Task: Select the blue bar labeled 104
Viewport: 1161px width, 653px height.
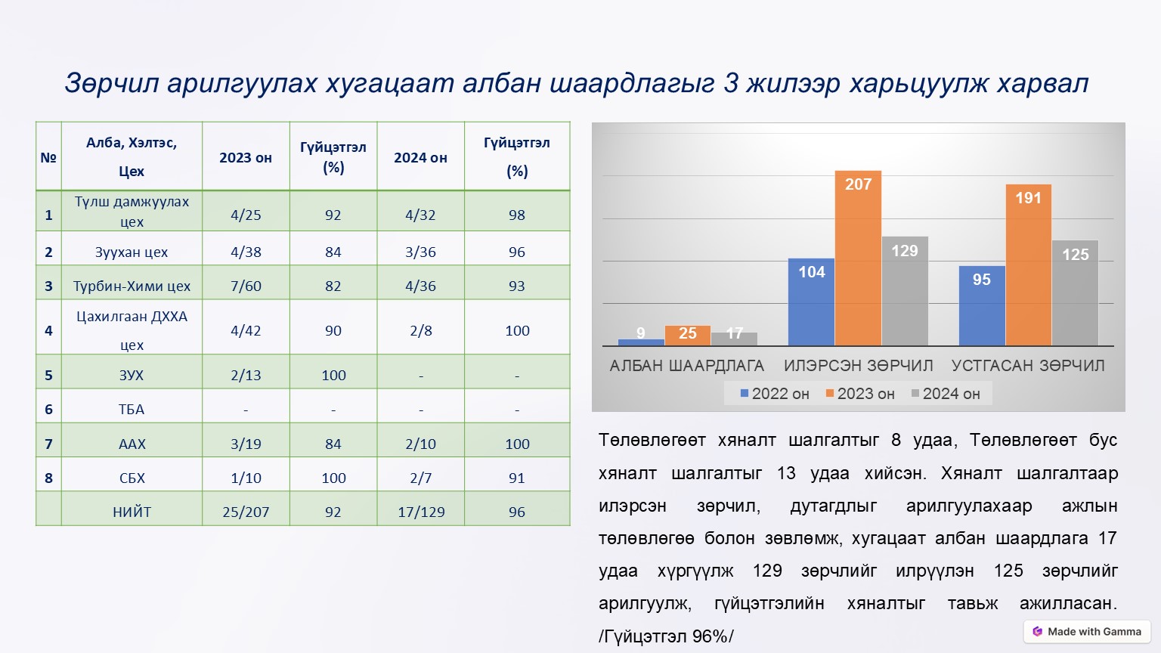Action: coord(811,302)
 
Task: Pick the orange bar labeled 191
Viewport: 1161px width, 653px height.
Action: coord(1028,265)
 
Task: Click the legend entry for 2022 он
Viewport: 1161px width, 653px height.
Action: coord(775,394)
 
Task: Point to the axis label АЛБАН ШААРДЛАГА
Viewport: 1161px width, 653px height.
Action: coord(686,366)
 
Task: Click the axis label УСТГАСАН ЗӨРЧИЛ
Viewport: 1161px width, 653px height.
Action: coord(1028,366)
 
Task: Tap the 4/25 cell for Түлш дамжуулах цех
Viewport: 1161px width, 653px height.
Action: coord(246,215)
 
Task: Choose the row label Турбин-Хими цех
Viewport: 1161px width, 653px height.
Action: coord(132,286)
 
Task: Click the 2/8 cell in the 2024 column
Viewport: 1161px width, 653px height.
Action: coord(420,330)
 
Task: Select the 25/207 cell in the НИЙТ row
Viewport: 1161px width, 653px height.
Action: coord(246,512)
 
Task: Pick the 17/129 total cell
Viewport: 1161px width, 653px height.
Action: coord(421,512)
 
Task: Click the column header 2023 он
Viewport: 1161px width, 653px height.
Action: coord(246,158)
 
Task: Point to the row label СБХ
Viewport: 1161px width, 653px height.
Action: coord(132,478)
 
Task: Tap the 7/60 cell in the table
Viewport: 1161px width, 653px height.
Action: coord(246,286)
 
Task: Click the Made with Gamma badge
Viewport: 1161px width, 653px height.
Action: coord(1087,632)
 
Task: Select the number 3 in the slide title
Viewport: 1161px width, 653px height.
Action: coord(730,83)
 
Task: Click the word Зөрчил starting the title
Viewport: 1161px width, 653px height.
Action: coord(111,83)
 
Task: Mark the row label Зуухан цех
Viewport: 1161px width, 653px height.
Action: coord(132,252)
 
